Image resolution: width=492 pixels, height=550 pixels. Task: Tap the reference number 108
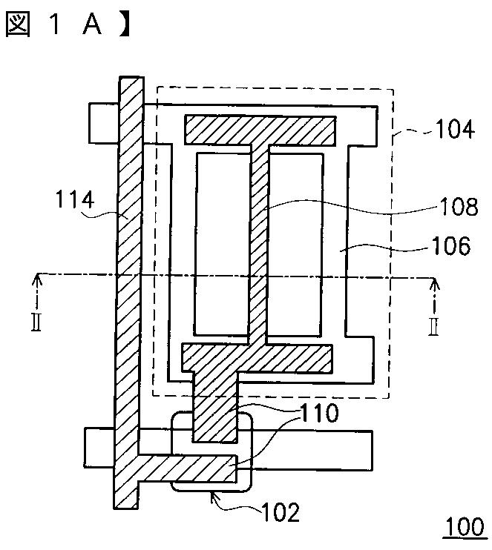point(456,208)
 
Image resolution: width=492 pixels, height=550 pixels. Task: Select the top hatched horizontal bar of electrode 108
point(260,130)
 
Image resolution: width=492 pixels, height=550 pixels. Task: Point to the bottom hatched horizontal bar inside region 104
point(257,357)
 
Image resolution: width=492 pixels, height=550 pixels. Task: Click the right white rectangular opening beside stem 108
point(295,244)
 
